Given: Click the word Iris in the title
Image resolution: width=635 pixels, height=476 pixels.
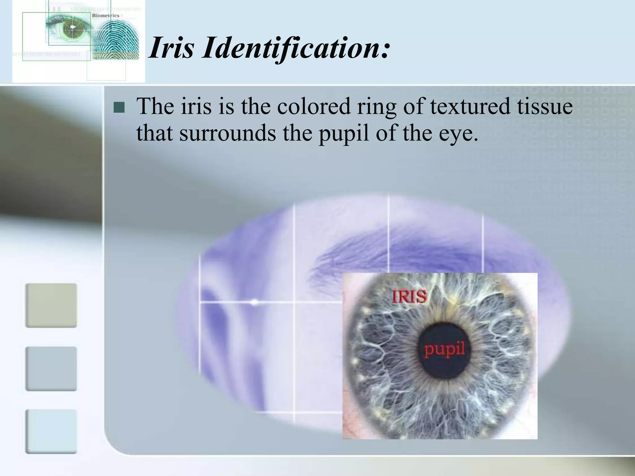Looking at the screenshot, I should pos(171,48).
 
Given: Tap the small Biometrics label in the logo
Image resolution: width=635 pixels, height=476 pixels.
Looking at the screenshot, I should pos(106,15).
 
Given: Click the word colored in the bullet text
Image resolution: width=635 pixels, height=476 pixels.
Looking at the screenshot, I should pos(313,106).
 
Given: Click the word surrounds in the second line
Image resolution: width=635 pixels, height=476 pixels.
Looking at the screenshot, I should pos(228,133).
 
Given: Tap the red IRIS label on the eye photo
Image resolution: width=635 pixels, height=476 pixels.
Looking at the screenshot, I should pos(410,297).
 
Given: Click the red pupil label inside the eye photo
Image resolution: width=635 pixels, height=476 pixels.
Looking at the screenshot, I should pos(444,350).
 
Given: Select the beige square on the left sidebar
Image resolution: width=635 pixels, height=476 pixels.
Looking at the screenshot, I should pos(51,305).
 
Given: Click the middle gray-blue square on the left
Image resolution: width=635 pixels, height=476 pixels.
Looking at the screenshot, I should pos(51,368).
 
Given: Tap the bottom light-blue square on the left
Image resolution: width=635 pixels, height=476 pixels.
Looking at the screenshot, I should pos(51,431).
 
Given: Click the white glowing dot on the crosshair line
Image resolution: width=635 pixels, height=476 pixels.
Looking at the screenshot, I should pos(254,302).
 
